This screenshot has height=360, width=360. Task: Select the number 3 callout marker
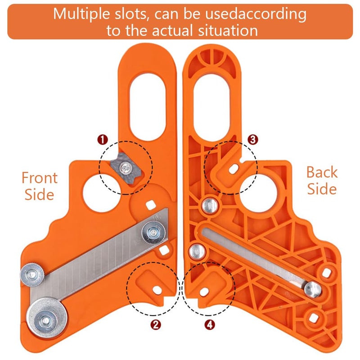(253, 139)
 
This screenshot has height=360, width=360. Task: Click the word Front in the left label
(40, 178)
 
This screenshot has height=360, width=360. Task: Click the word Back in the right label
(321, 172)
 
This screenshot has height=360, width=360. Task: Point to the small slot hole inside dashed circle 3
(233, 168)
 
